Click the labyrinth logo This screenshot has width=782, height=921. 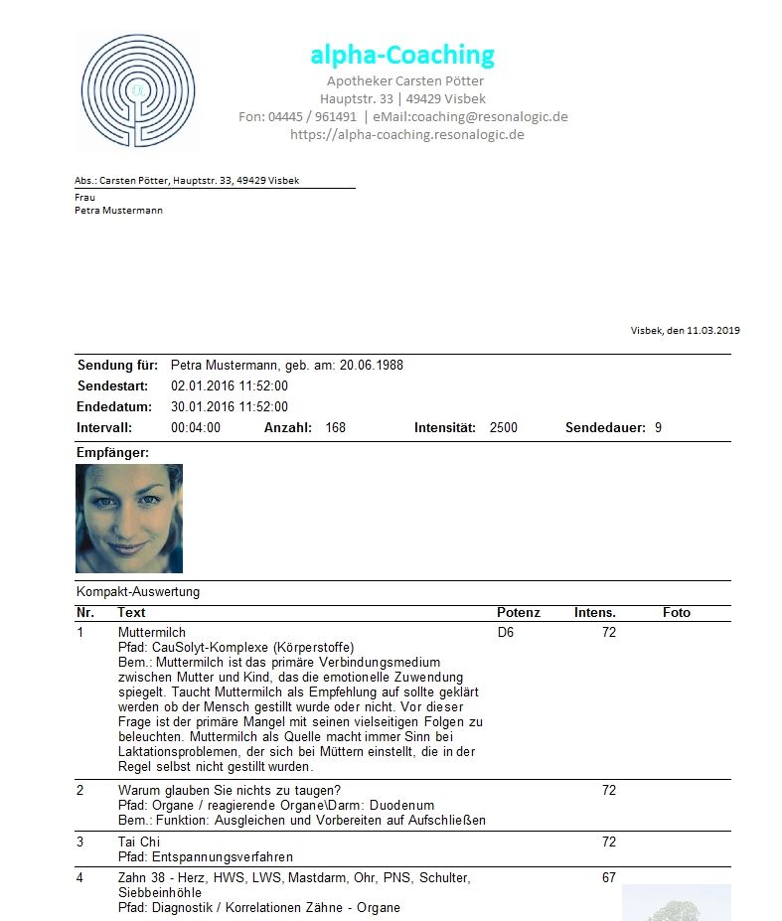click(137, 92)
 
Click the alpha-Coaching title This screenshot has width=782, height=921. click(401, 55)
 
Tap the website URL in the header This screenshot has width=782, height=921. click(406, 134)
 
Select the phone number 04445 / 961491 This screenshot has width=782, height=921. click(312, 116)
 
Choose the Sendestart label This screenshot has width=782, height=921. click(112, 385)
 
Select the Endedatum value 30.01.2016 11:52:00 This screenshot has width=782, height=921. click(230, 406)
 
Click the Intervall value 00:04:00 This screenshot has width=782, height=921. click(196, 427)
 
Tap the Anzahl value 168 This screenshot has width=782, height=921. click(336, 427)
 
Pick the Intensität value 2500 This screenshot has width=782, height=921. click(504, 427)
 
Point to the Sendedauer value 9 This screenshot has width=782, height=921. click(658, 427)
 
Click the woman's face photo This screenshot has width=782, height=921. click(129, 518)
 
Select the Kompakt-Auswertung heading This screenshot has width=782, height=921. click(138, 591)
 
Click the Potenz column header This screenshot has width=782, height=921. click(519, 612)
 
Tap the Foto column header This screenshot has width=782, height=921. click(677, 612)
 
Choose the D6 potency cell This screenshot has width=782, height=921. click(506, 632)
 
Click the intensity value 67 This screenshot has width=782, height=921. click(609, 877)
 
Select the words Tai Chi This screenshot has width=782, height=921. click(139, 842)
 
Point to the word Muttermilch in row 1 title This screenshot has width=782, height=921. click(151, 632)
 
